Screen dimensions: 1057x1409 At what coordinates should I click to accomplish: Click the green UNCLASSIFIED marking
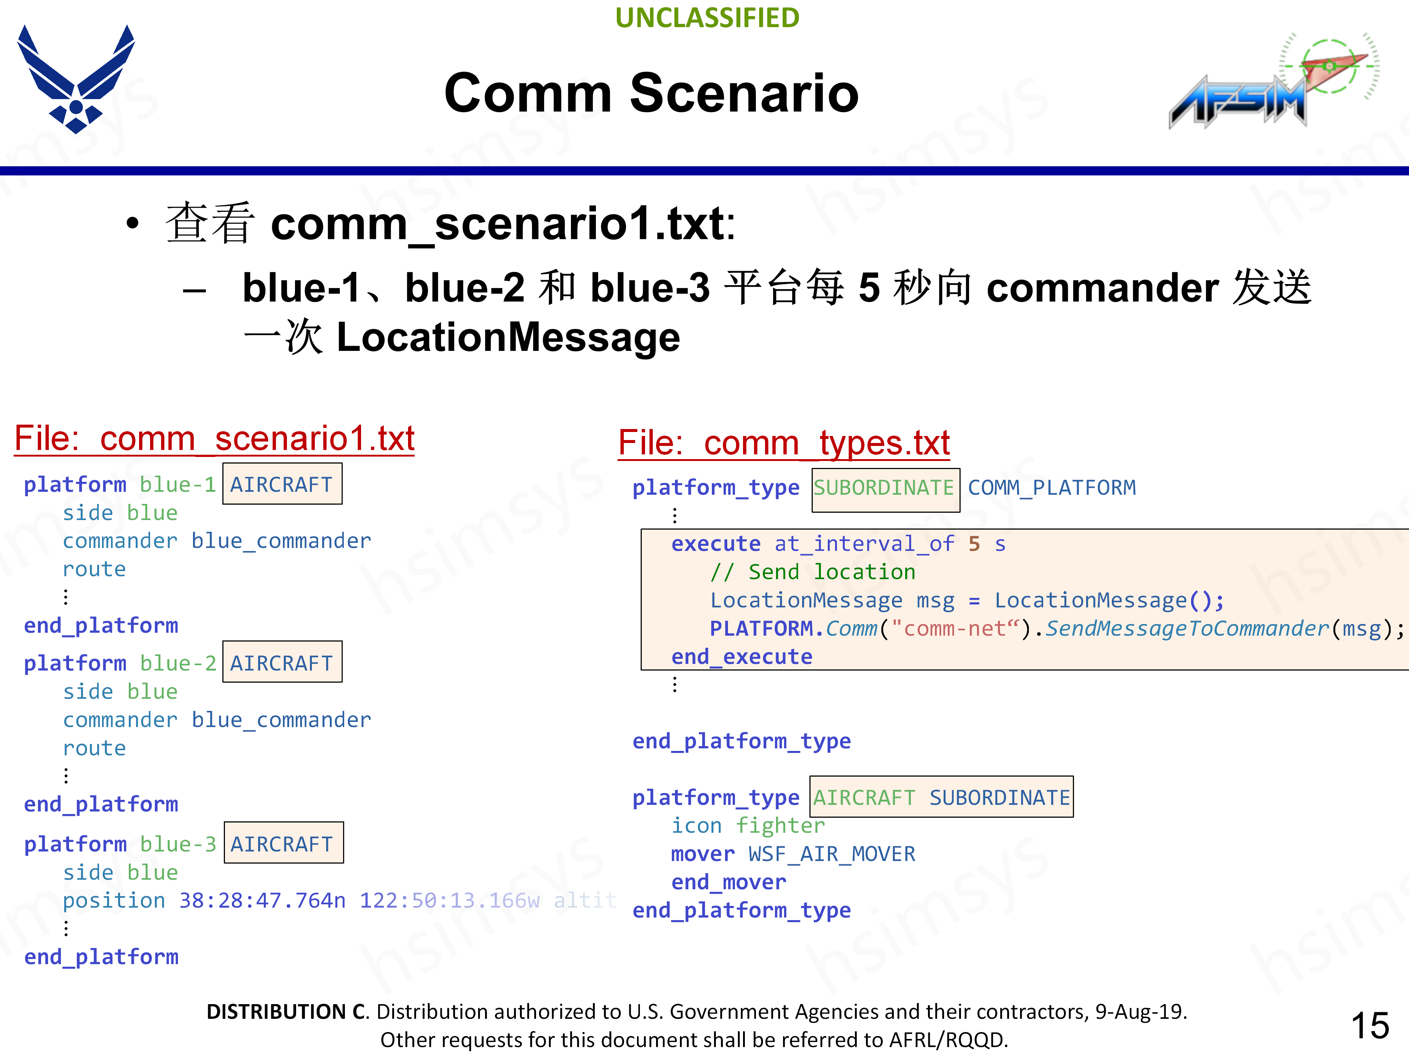coord(707,18)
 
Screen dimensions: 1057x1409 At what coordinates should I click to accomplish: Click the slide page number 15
coord(1369,1026)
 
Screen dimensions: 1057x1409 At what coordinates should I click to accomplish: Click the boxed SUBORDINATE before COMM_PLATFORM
coord(885,488)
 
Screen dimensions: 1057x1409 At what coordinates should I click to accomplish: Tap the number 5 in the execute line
coord(974,544)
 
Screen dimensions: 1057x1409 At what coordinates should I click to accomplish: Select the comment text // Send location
coord(813,572)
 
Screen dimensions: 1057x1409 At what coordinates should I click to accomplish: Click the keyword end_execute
coord(742,657)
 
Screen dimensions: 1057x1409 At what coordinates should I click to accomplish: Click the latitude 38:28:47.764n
coord(262,901)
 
